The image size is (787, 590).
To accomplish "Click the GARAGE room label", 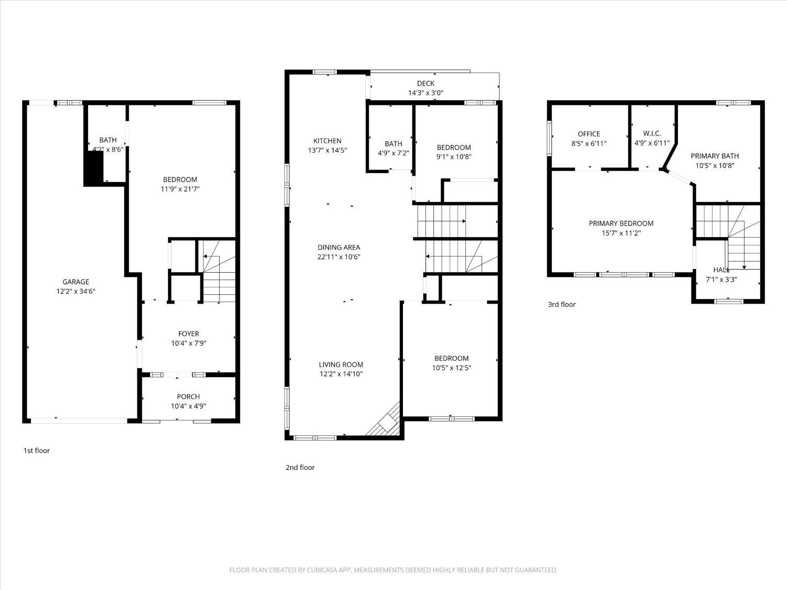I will [x=76, y=282].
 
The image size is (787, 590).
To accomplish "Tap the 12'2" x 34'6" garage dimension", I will [x=76, y=291].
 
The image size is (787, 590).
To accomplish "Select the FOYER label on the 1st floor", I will [x=188, y=334].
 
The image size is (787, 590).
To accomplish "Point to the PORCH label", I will [x=188, y=396].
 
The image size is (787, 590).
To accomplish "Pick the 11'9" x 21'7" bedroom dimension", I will [x=180, y=189].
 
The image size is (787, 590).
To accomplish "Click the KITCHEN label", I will [x=327, y=141].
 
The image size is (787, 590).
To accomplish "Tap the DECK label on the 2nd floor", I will [x=426, y=83].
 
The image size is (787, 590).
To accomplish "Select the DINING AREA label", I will [x=338, y=247].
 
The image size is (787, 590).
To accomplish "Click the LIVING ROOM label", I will [x=341, y=364].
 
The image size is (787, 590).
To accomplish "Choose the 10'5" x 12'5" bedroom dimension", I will [x=451, y=368].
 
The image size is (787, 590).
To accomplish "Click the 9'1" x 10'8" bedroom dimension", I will [x=454, y=156].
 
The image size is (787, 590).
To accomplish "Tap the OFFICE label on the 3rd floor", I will [x=589, y=134].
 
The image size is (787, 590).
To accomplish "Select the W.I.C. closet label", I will [x=652, y=134].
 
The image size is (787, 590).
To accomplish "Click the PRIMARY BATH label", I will [x=715, y=156].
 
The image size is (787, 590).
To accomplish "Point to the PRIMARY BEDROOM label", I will [x=621, y=223].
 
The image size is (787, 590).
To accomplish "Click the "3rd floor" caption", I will [x=561, y=304].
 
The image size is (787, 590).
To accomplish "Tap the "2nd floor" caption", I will [x=300, y=467].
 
